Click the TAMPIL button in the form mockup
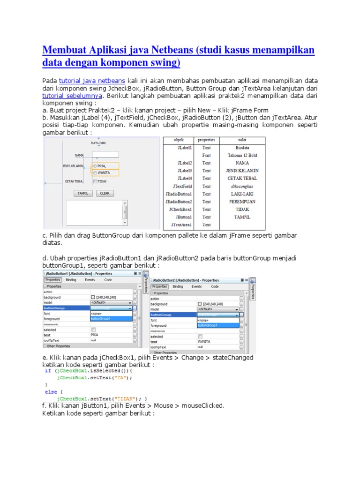coord(83,193)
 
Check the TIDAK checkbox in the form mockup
coord(96,181)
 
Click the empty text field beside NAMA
coord(105,154)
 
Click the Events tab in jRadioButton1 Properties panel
coord(90,280)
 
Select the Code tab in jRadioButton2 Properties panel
coord(215,286)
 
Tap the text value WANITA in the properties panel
coord(204,342)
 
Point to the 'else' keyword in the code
coord(51,392)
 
